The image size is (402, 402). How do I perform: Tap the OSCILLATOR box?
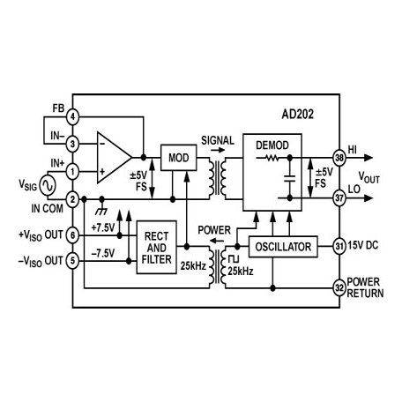[x=281, y=248]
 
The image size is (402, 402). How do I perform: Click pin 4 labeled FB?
[x=73, y=116]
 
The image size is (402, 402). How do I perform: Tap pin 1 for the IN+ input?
[x=73, y=170]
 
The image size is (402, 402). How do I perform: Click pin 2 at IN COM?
[x=73, y=199]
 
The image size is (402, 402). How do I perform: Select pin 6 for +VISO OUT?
[x=73, y=234]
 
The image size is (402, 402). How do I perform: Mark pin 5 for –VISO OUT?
[x=73, y=262]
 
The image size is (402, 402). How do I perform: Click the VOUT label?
[x=371, y=178]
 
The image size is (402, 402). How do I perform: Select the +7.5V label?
[x=105, y=226]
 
